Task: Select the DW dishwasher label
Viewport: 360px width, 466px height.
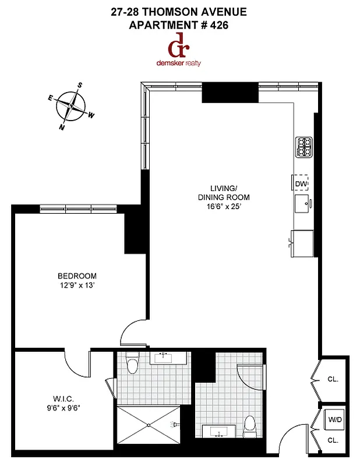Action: (x=301, y=184)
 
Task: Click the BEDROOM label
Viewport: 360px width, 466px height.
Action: (x=77, y=276)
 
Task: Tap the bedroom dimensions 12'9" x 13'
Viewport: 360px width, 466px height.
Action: (x=77, y=285)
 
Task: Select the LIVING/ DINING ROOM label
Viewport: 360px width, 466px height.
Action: (x=224, y=192)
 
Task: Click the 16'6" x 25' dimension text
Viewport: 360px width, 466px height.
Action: (x=224, y=206)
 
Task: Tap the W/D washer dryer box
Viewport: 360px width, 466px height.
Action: (x=335, y=419)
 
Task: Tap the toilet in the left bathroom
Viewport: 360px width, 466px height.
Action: (x=132, y=365)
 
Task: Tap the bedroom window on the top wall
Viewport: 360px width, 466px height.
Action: (x=78, y=207)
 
